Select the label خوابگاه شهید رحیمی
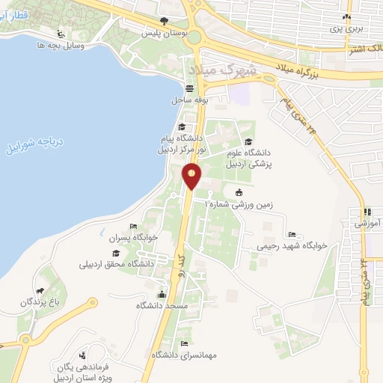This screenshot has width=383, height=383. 288,245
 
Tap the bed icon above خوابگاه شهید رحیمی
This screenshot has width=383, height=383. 292,233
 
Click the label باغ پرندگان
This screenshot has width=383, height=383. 40,301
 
